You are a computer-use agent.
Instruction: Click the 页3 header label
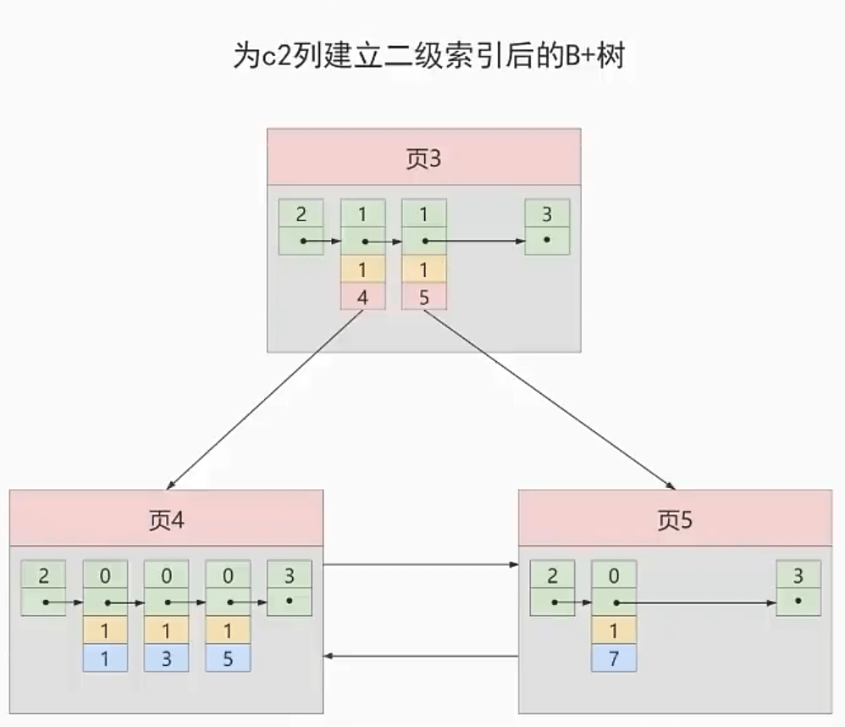(423, 158)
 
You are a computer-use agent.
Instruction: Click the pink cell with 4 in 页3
(362, 297)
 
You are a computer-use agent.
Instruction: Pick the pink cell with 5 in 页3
(423, 297)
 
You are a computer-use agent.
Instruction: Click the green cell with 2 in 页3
(301, 214)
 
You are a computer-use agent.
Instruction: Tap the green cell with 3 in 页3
(547, 214)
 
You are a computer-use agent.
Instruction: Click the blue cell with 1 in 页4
(105, 658)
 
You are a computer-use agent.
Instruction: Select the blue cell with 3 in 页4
(166, 658)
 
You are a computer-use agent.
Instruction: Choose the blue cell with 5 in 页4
(228, 658)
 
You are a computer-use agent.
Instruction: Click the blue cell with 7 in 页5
(614, 658)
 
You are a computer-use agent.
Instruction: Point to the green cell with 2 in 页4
(43, 575)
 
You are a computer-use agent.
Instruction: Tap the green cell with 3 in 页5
(798, 575)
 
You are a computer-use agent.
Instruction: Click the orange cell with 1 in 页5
(614, 630)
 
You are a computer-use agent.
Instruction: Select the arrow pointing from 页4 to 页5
(421, 563)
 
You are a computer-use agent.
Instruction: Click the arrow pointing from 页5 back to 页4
(421, 656)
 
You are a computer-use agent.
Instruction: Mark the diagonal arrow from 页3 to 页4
(262, 398)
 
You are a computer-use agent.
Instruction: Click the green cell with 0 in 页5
(614, 575)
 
